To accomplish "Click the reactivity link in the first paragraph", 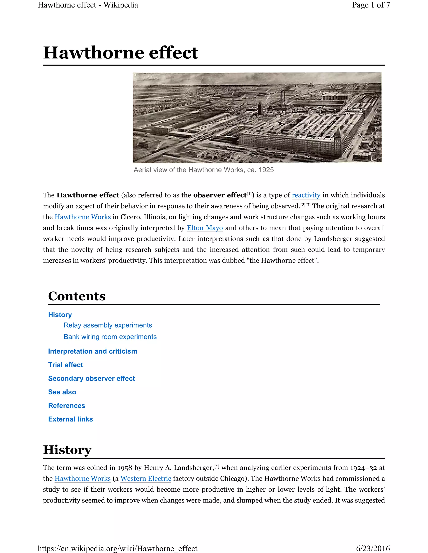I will [x=306, y=195].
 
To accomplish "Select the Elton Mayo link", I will [x=205, y=228].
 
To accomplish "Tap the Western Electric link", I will [x=146, y=479].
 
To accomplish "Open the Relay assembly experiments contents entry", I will [x=108, y=325].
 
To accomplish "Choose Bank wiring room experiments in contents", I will [x=110, y=337].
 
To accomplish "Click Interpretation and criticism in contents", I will [x=93, y=351].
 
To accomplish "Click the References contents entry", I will [x=67, y=406].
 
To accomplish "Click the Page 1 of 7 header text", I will [x=371, y=5].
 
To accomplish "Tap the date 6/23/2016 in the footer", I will [x=373, y=548].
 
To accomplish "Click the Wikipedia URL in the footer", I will [x=117, y=548].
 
